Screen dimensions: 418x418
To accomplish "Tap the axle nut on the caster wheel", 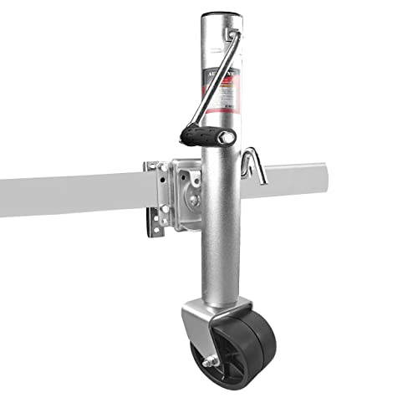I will [206, 362].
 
